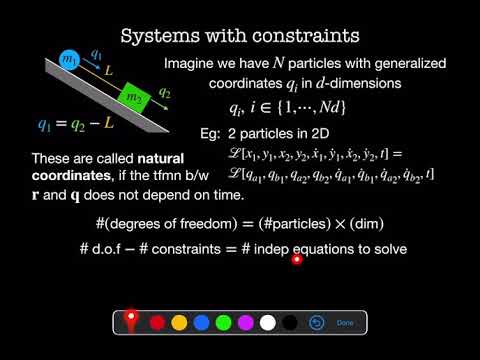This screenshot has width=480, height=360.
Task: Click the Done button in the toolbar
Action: pyautogui.click(x=345, y=323)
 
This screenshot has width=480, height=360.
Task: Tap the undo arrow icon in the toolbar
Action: pyautogui.click(x=317, y=323)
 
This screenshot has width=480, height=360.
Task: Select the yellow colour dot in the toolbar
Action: pyautogui.click(x=179, y=323)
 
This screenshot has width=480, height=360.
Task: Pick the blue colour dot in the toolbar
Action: pyautogui.click(x=201, y=323)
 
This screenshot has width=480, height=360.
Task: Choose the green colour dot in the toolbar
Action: pyautogui.click(x=223, y=323)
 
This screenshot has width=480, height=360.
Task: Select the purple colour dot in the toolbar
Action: pyautogui.click(x=245, y=323)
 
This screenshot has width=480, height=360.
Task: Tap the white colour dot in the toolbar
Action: pyautogui.click(x=267, y=323)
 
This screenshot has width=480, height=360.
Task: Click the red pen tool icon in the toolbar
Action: pyautogui.click(x=131, y=321)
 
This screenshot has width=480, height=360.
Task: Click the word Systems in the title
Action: pyautogui.click(x=156, y=36)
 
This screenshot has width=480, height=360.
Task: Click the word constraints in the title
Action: pyautogui.click(x=305, y=36)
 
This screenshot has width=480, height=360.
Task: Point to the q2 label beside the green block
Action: pyautogui.click(x=166, y=93)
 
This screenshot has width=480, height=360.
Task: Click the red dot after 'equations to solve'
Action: pyautogui.click(x=297, y=260)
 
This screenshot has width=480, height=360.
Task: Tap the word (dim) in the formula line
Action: pyautogui.click(x=386, y=224)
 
